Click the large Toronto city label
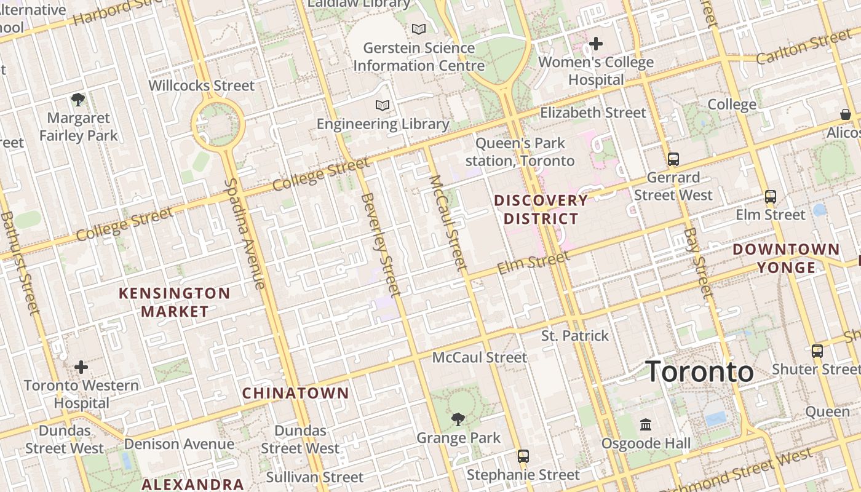(x=699, y=371)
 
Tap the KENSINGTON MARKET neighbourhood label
(x=175, y=302)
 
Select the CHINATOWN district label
(x=295, y=393)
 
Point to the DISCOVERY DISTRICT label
(x=541, y=210)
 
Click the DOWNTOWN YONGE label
(x=786, y=258)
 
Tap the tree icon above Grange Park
(x=458, y=419)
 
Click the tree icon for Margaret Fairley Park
(x=78, y=99)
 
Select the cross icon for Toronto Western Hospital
(x=81, y=367)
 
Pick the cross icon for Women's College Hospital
(x=595, y=44)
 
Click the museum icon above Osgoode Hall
(x=646, y=424)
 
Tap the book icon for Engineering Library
(x=383, y=105)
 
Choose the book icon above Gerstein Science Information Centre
(x=419, y=29)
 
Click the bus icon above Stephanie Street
(x=523, y=456)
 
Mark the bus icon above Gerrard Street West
(x=673, y=159)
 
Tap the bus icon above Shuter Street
(x=817, y=351)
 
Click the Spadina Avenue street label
(x=244, y=234)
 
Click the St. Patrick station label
(x=575, y=336)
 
